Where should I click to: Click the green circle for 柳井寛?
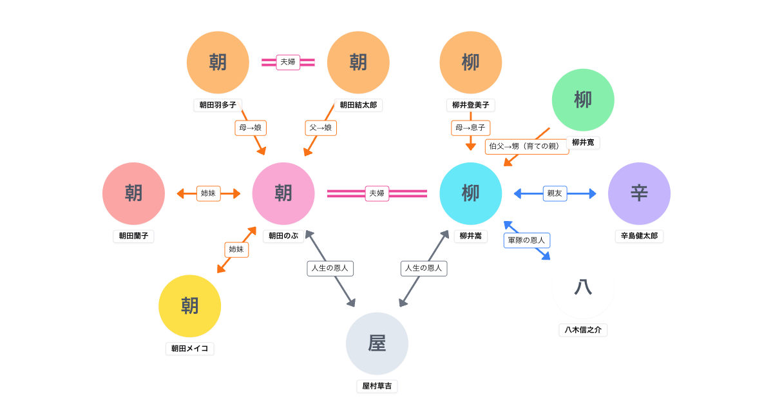[x=583, y=100]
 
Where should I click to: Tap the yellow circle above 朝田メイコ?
[x=190, y=306]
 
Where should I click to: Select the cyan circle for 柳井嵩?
[x=471, y=193]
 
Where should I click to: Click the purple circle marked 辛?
[x=639, y=193]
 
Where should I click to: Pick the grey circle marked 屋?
[x=377, y=343]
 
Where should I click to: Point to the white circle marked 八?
[x=583, y=287]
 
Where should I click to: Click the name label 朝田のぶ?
[x=283, y=236]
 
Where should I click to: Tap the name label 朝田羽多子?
[x=218, y=105]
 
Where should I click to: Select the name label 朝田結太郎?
[x=358, y=105]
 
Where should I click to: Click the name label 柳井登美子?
[x=471, y=105]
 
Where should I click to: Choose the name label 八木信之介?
[x=583, y=330]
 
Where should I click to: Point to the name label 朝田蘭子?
[x=133, y=236]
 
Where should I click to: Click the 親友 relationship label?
[x=555, y=193]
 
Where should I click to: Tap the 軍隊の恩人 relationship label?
[x=526, y=240]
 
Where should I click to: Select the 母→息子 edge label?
[x=470, y=128]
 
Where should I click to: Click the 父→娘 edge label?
[x=321, y=128]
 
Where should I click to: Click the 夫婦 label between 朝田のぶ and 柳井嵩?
[x=377, y=193]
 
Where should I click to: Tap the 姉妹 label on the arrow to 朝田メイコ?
[x=236, y=249]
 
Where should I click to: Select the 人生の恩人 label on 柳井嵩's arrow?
[x=424, y=268]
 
